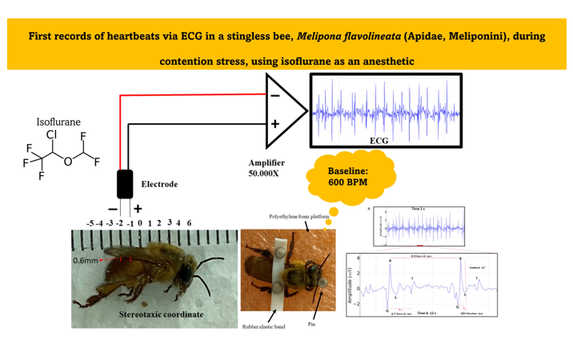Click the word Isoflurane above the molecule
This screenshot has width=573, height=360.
pos(58,122)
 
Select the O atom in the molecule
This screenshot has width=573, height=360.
pos(69,162)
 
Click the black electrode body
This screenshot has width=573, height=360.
pos(125,183)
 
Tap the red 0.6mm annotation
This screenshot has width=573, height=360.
pos(86,261)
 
